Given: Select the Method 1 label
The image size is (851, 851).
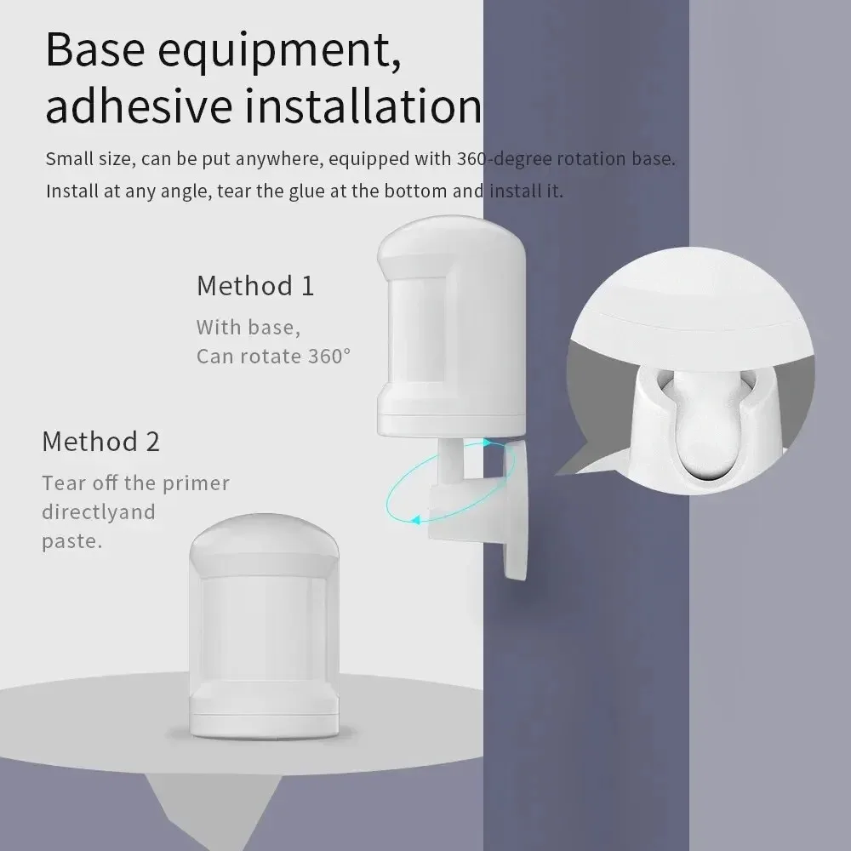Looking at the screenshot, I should coord(255,286).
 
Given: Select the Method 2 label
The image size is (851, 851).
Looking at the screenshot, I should coord(100,442).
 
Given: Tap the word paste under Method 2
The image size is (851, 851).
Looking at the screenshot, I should coord(71,541).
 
